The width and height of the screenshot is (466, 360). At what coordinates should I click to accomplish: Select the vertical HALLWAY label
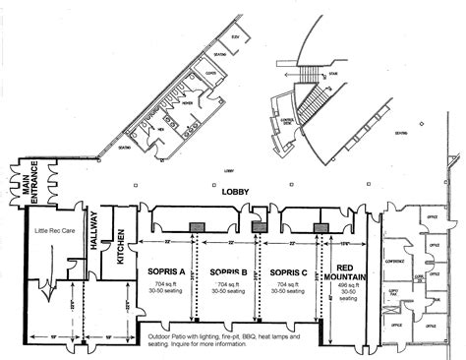[95, 234]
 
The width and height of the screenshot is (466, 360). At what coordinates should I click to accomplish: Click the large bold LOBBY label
[233, 195]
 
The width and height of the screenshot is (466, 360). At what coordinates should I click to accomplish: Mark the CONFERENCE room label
[395, 262]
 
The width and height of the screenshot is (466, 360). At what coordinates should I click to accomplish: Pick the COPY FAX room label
[393, 294]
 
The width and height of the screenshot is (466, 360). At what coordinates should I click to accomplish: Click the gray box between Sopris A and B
[198, 226]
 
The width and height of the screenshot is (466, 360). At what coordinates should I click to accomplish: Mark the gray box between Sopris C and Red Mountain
[320, 227]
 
